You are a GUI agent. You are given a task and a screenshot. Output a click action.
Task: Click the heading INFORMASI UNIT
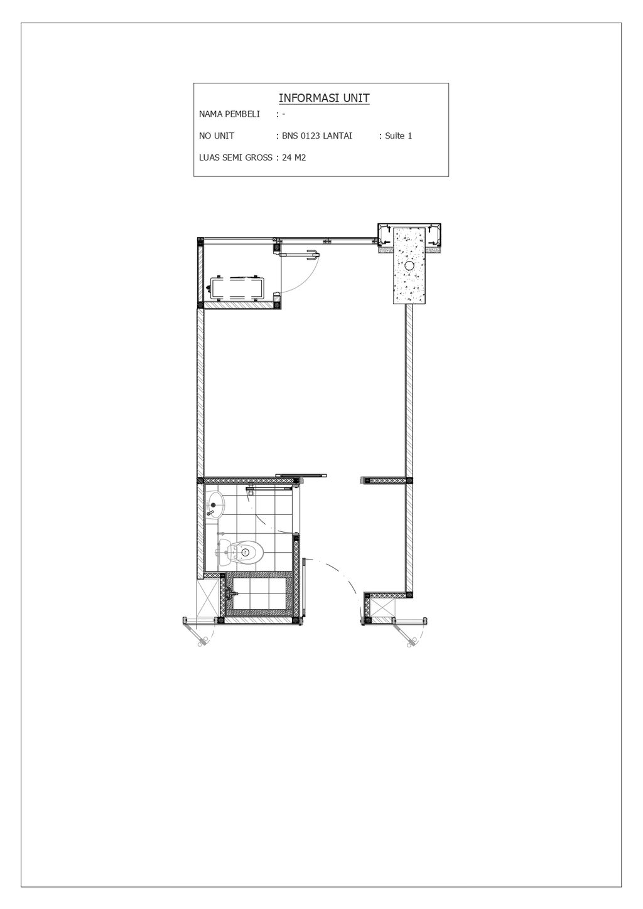point(323,98)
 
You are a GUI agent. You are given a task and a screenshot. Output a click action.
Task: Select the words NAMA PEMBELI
point(229,114)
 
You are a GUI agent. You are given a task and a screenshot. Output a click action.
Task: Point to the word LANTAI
point(337,136)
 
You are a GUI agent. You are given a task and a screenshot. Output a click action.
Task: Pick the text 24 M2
point(294,158)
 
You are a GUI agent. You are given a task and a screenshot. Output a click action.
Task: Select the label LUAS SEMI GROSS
point(235,158)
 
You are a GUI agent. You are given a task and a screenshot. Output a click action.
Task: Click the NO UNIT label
point(217,136)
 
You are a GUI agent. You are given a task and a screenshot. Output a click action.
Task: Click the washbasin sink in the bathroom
point(215,503)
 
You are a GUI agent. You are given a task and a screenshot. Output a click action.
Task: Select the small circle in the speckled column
point(409,266)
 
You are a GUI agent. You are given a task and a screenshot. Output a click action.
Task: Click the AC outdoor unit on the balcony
point(237,288)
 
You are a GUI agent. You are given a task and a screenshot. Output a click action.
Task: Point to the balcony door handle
point(310,254)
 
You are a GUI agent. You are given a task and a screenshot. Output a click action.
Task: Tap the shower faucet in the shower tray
point(232,593)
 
